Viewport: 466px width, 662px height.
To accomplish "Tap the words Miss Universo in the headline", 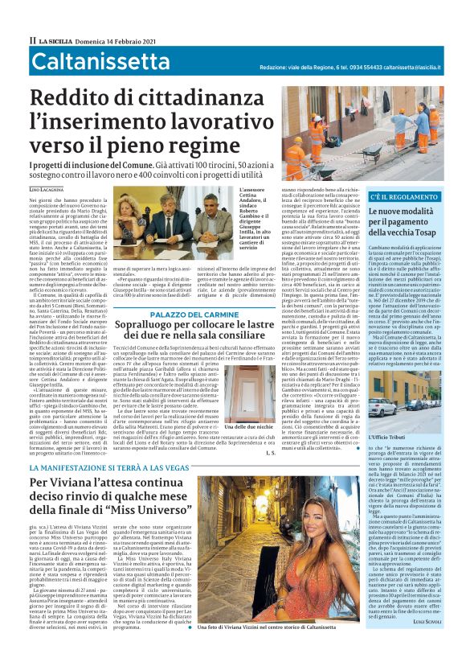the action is (178, 508).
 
